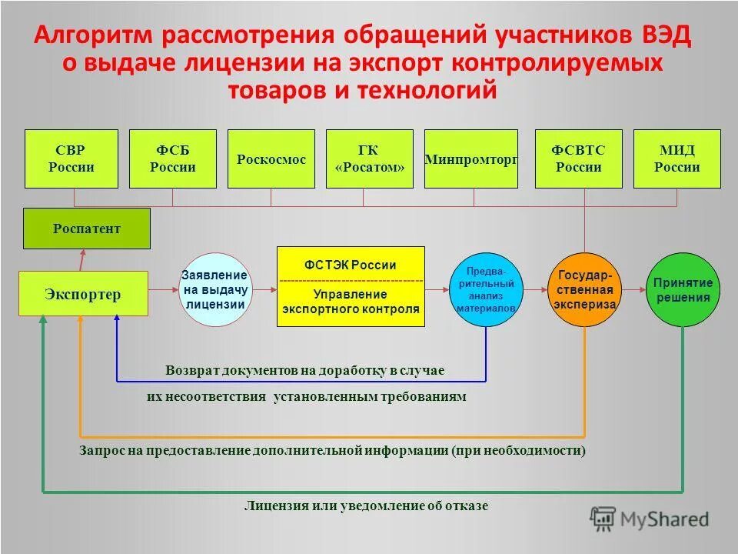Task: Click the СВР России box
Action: [71, 159]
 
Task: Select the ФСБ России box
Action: [172, 159]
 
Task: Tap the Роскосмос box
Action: [271, 159]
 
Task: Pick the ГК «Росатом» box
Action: [370, 159]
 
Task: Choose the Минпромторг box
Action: [470, 159]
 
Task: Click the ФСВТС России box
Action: [578, 159]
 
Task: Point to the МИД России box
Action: [677, 159]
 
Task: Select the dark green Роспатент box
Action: [86, 229]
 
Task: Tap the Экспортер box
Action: [82, 293]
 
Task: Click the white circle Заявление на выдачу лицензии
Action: [214, 289]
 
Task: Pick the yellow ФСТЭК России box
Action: [351, 286]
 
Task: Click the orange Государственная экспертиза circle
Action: [585, 289]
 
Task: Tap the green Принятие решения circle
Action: [683, 289]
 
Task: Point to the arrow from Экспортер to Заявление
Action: [162, 290]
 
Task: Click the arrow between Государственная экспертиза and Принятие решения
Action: [633, 290]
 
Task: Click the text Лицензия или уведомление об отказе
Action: [366, 506]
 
